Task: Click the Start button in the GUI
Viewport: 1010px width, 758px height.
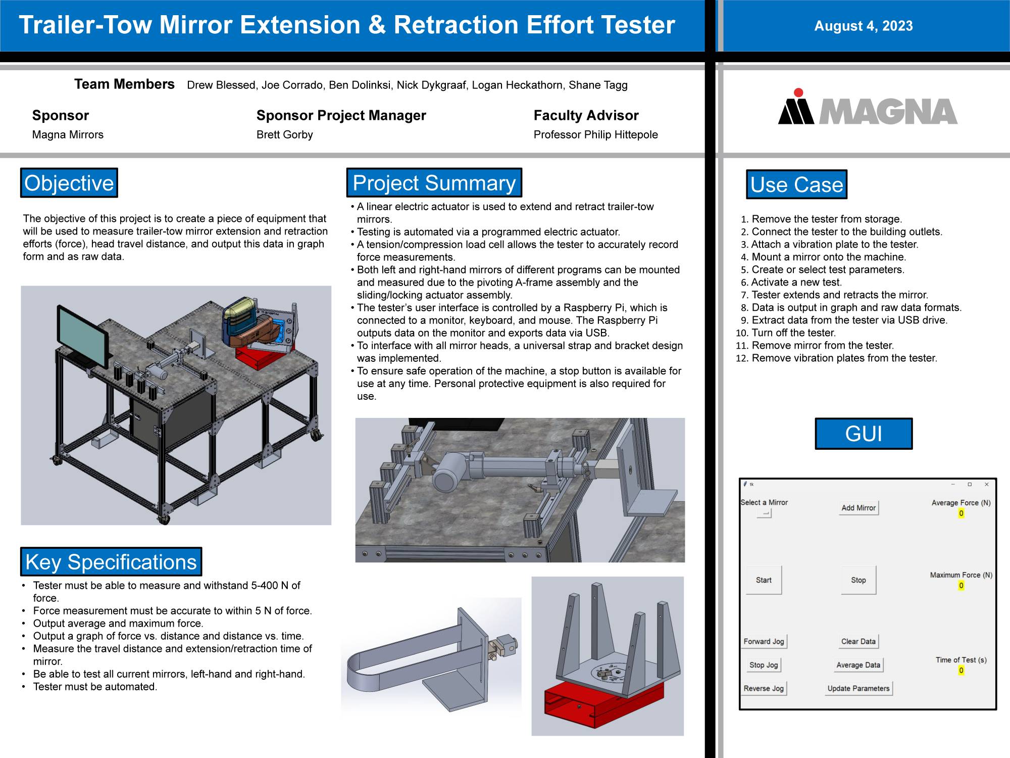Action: pyautogui.click(x=764, y=580)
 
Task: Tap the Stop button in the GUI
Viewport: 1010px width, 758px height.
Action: pyautogui.click(x=858, y=580)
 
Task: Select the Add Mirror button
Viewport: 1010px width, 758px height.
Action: pyautogui.click(x=858, y=508)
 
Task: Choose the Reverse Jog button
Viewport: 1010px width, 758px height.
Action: pyautogui.click(x=764, y=688)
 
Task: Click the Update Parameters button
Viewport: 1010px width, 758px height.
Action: pyautogui.click(x=858, y=688)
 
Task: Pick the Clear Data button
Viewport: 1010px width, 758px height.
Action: pyautogui.click(x=858, y=641)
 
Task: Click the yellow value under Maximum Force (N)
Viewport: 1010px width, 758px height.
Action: pyautogui.click(x=961, y=585)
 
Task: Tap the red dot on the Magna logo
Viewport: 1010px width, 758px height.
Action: pyautogui.click(x=798, y=92)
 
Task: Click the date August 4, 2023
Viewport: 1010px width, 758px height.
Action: pyautogui.click(x=864, y=26)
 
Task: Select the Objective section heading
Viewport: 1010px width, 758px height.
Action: pyautogui.click(x=69, y=183)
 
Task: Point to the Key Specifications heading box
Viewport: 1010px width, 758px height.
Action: pyautogui.click(x=111, y=561)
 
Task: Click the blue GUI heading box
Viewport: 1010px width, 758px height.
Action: pyautogui.click(x=864, y=434)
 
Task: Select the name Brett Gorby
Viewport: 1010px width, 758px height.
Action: pyautogui.click(x=285, y=134)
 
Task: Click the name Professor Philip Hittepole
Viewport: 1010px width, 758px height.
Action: pyautogui.click(x=596, y=134)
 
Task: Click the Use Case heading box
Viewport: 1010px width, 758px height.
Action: pyautogui.click(x=797, y=184)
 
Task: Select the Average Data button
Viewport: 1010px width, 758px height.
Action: pyautogui.click(x=858, y=665)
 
